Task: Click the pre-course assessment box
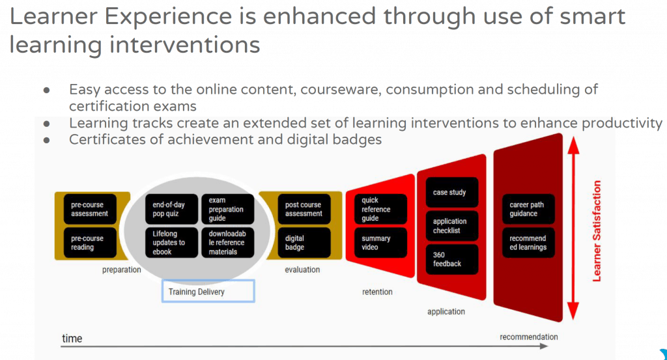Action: pyautogui.click(x=90, y=209)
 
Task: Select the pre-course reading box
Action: pyautogui.click(x=90, y=243)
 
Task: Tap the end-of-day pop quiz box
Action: pyautogui.click(x=171, y=209)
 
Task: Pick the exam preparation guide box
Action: pyautogui.click(x=227, y=209)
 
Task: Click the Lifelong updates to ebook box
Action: pyautogui.click(x=171, y=243)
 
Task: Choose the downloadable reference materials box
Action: pyautogui.click(x=227, y=243)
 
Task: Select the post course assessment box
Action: pyautogui.click(x=304, y=209)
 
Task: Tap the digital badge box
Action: pyautogui.click(x=304, y=243)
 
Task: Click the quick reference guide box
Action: pyautogui.click(x=380, y=209)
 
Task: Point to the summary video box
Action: pyautogui.click(x=380, y=243)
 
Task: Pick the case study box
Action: pyautogui.click(x=452, y=193)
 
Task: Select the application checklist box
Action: pyautogui.click(x=452, y=226)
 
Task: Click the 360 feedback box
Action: pyautogui.click(x=452, y=259)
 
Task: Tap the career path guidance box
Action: pyautogui.click(x=529, y=209)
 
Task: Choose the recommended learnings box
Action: pyautogui.click(x=529, y=243)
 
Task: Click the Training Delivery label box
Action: pyautogui.click(x=208, y=291)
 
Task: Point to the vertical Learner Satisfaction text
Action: pyautogui.click(x=597, y=231)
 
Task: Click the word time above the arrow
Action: pyautogui.click(x=72, y=339)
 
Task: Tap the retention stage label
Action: pyautogui.click(x=377, y=292)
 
